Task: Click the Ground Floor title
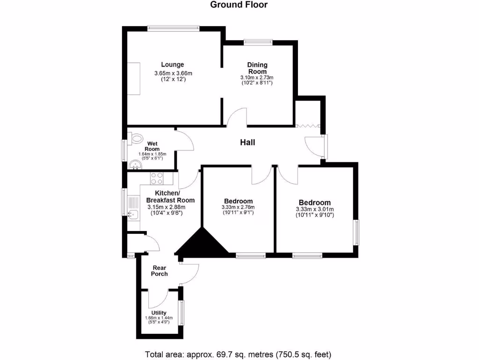239,5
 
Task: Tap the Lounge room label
173,65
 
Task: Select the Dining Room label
257,68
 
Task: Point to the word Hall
247,142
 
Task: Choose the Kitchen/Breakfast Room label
171,196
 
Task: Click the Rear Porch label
160,271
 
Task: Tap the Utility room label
159,313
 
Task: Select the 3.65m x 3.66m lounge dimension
173,73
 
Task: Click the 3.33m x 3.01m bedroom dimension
315,210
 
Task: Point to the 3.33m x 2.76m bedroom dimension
238,207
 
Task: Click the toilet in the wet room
136,138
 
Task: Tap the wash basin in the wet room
135,165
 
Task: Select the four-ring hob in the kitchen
156,178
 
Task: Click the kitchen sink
133,215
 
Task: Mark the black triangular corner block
203,244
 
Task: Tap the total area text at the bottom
239,353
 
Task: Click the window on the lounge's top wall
174,29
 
